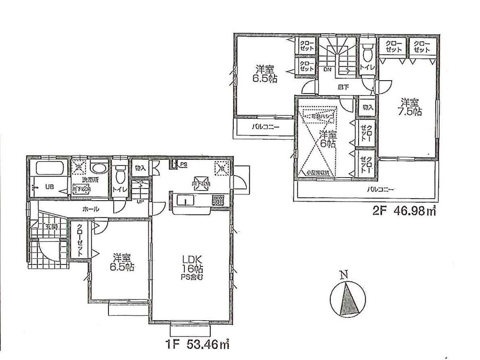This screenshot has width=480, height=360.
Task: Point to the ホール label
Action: pos(91,209)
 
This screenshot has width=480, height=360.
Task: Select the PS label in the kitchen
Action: pos(183,165)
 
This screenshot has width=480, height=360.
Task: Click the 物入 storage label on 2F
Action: pos(368,108)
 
